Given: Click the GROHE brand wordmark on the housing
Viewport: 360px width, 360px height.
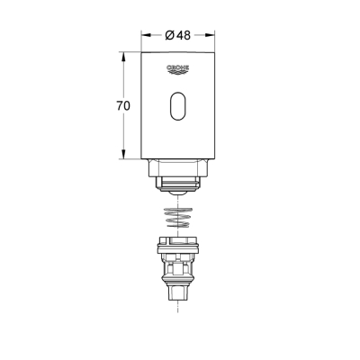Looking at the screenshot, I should pyautogui.click(x=179, y=67).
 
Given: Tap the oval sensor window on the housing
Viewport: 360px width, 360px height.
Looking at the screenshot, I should pyautogui.click(x=179, y=107).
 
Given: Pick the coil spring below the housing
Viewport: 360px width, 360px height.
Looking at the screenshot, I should pyautogui.click(x=179, y=217).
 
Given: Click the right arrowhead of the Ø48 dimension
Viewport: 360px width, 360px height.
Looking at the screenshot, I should pyautogui.click(x=214, y=36).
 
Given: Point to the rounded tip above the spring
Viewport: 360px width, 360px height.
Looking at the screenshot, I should pyautogui.click(x=179, y=192).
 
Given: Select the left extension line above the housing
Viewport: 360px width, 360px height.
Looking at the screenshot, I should pyautogui.click(x=142, y=40).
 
